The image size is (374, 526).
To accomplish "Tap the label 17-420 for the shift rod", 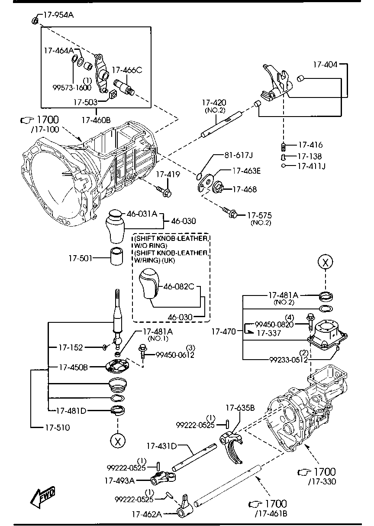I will point(214,103).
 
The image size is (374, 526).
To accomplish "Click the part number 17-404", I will point(325,64).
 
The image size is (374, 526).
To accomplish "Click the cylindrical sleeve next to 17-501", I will point(116,257).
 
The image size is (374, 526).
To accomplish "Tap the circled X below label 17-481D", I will point(117,441).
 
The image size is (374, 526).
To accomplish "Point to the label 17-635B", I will point(240,408).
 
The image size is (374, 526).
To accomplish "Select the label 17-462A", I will point(147,514).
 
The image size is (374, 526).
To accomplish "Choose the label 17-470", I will point(223,332).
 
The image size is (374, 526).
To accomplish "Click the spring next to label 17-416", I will point(284,146).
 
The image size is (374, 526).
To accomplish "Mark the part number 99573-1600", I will point(72,87).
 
